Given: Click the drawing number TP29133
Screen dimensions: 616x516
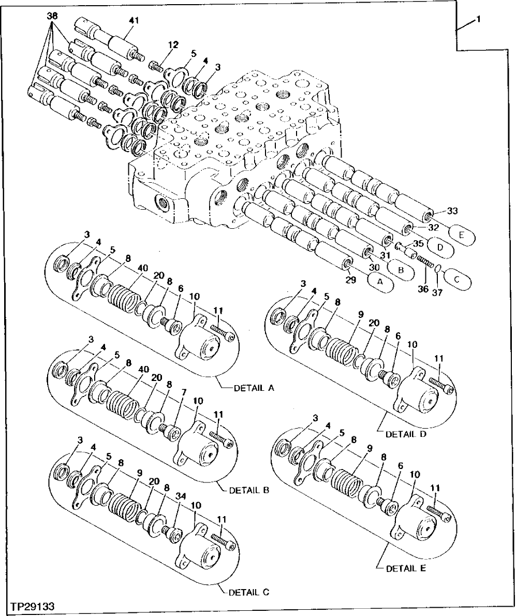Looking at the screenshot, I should (31, 605).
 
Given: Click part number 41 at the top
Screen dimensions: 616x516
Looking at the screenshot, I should (134, 21).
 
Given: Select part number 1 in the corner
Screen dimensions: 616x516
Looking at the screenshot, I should (479, 19).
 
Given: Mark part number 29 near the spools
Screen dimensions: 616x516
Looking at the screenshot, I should (352, 280).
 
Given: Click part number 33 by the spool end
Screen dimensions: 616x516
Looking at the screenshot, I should (452, 211).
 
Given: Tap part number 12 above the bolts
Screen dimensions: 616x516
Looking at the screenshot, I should (173, 45).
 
